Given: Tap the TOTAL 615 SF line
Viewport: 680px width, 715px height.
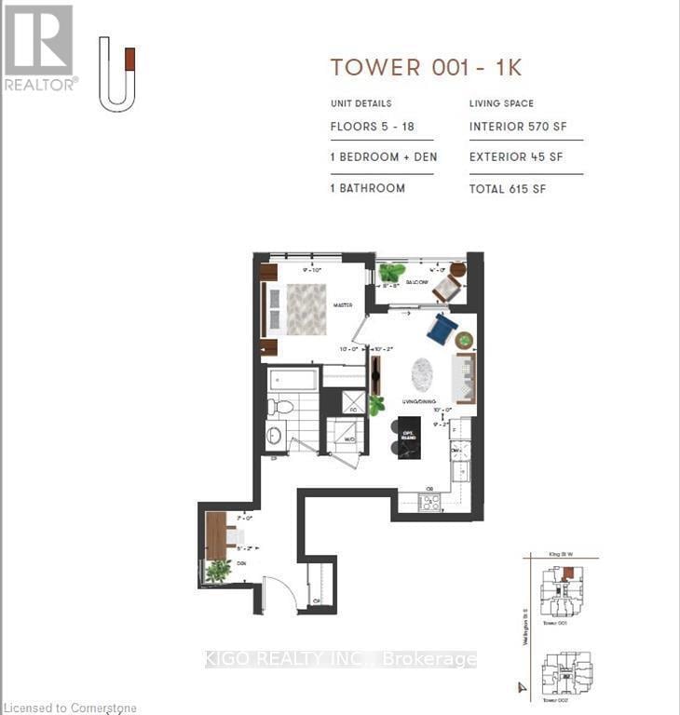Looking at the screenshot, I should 508,189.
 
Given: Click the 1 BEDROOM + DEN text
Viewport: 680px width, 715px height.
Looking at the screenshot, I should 383,157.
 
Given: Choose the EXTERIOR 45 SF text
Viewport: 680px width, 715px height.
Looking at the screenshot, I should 516,157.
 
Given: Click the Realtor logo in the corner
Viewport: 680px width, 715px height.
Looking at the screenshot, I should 39,47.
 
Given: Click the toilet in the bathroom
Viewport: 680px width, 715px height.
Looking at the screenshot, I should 280,406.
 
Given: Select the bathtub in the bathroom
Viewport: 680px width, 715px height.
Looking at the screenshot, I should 292,380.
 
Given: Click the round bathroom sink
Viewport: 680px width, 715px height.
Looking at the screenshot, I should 275,435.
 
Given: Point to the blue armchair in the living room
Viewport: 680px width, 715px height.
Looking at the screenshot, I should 442,328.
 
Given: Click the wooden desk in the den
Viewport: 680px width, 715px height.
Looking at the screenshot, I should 216,535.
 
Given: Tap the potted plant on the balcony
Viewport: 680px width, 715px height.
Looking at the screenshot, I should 391,273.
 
